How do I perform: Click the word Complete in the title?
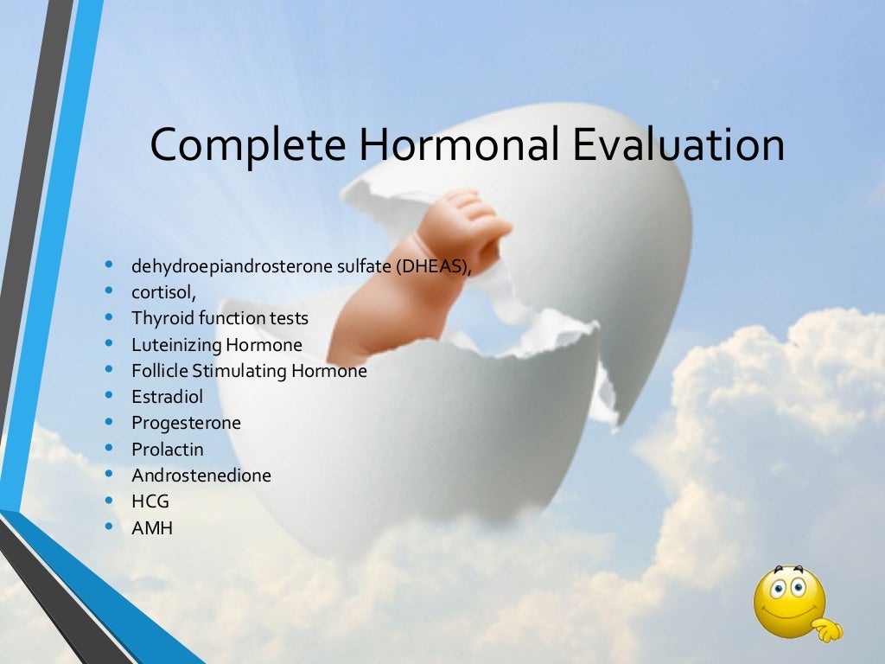click(248, 145)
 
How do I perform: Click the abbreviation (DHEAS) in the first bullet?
click(434, 266)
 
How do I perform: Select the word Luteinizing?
click(176, 345)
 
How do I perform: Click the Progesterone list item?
click(186, 423)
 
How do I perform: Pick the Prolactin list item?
click(167, 450)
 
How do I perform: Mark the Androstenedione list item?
click(201, 476)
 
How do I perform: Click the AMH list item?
click(151, 527)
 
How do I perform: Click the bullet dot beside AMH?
click(109, 525)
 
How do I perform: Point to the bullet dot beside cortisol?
click(109, 290)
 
